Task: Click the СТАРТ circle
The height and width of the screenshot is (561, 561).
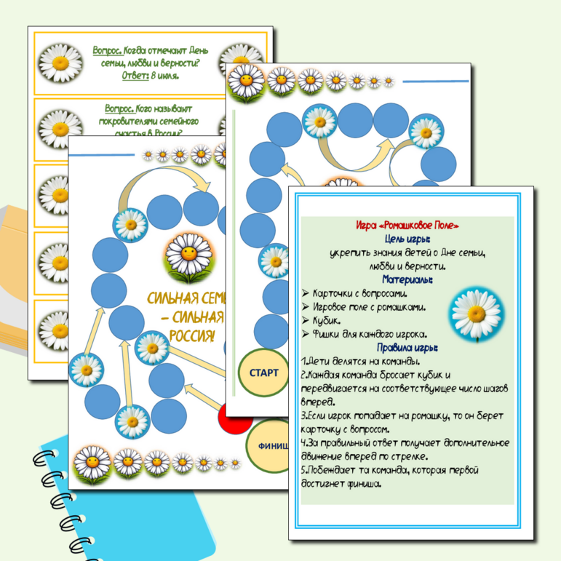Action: coord(263,373)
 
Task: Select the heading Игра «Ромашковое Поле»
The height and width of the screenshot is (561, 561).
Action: coord(407,226)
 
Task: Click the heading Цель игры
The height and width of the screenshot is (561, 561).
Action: coord(407,239)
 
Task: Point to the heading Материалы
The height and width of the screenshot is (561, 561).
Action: coord(407,279)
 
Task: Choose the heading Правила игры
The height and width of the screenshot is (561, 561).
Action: coord(407,348)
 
